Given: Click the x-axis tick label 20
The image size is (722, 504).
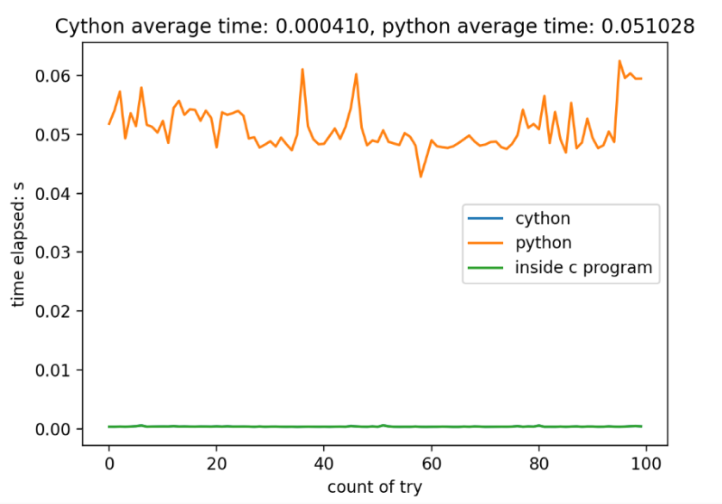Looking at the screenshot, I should (x=216, y=463).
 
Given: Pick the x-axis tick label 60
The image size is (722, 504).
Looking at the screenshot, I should (x=431, y=463).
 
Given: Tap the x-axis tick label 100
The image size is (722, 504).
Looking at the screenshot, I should (x=645, y=463).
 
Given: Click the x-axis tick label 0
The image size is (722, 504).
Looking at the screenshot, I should (x=109, y=463).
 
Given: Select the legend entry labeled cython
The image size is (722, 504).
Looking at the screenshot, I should (x=542, y=219).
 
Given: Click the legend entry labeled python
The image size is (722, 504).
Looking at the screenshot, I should (x=544, y=243).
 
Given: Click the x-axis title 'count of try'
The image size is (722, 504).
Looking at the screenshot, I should (x=375, y=487).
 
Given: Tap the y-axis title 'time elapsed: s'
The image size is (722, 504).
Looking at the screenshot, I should (x=19, y=250).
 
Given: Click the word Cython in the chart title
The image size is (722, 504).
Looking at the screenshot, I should (x=83, y=27).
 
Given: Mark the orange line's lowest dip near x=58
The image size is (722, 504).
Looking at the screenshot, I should (x=420, y=177).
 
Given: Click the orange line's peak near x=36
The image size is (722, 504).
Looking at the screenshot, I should (x=302, y=69).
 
